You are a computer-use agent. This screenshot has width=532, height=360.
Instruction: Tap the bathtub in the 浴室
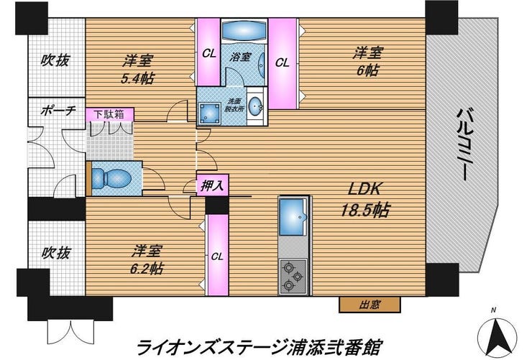[244, 31]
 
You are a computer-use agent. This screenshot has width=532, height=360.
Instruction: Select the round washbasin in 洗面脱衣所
[254, 106]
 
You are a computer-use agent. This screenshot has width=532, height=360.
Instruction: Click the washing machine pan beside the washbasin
[208, 114]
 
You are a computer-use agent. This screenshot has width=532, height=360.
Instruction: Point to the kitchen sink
[293, 216]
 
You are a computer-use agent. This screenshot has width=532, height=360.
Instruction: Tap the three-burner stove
[293, 277]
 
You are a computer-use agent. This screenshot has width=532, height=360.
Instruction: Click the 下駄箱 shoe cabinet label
[109, 114]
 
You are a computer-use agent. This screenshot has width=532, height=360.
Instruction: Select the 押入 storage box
[212, 185]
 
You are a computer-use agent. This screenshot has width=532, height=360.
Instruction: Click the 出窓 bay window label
[370, 305]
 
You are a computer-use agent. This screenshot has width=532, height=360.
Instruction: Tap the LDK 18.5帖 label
[365, 199]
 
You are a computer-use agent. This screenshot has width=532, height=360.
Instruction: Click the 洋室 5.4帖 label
[138, 70]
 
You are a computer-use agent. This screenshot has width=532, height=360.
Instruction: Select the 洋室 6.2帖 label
[147, 259]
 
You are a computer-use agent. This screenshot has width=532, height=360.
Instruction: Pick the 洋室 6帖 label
[368, 62]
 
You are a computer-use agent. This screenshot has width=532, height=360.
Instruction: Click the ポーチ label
[58, 111]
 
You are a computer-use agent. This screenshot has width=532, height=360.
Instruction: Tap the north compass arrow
[497, 336]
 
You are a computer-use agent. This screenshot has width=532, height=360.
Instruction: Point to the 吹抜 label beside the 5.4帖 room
[55, 60]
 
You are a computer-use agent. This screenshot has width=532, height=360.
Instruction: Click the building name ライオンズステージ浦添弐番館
[260, 346]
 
